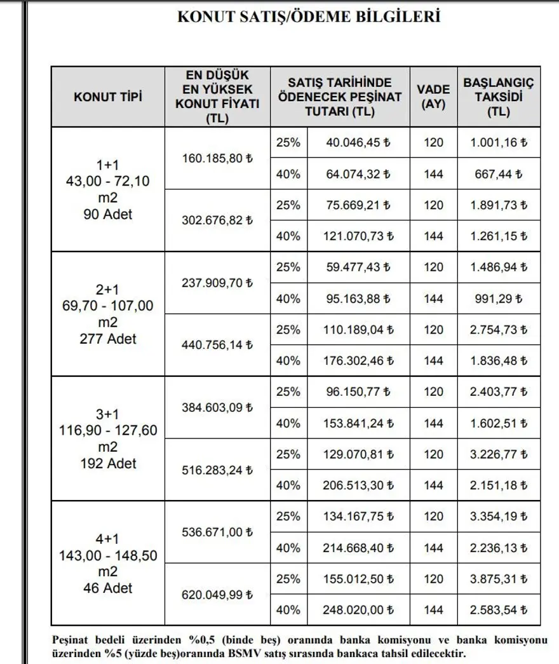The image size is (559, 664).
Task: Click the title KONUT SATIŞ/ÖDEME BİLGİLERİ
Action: tap(309, 17)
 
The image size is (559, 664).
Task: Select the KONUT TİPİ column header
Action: tap(108, 97)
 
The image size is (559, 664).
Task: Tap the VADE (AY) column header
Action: tap(434, 97)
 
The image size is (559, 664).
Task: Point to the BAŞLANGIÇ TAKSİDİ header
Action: tap(499, 97)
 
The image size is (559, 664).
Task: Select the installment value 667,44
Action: tap(499, 174)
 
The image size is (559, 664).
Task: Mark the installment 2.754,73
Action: tap(499, 330)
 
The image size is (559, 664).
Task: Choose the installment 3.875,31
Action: tap(499, 579)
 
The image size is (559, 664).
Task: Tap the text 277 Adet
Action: tap(108, 339)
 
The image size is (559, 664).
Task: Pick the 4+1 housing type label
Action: tap(108, 539)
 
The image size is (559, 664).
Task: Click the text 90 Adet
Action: tap(108, 214)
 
